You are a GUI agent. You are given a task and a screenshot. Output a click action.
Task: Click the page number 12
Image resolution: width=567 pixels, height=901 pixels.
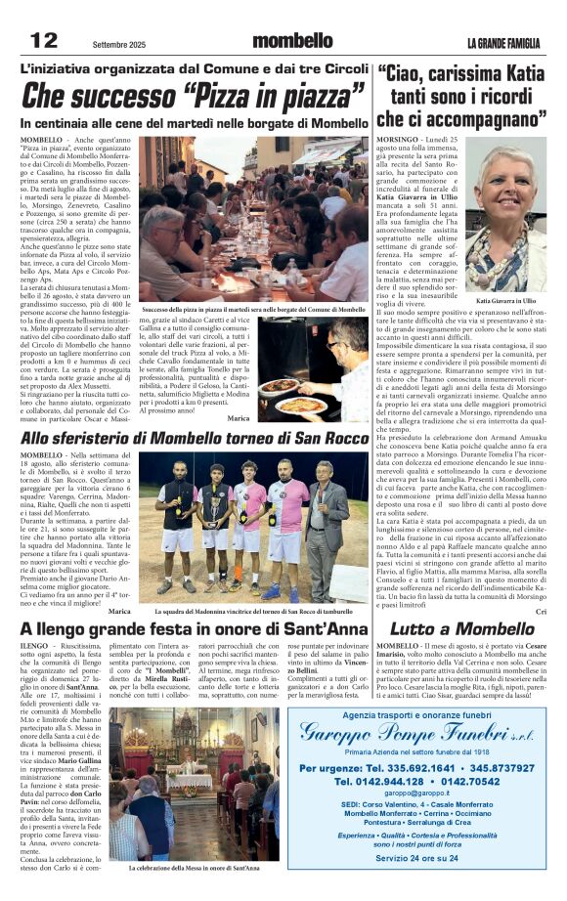[x=44, y=40]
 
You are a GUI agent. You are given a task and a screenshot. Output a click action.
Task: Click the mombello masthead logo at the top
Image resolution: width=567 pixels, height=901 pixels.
[x=292, y=41]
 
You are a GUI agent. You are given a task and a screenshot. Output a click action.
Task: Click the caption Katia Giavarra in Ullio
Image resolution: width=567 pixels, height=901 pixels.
[x=505, y=301]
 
